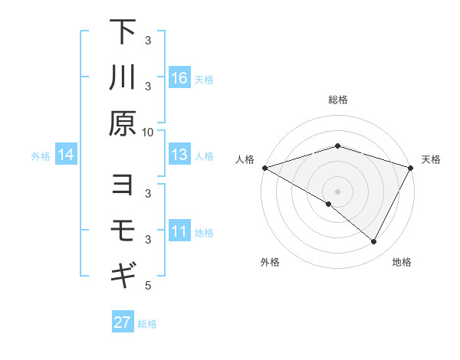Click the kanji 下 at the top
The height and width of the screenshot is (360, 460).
[123, 33]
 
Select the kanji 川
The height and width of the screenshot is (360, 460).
[123, 78]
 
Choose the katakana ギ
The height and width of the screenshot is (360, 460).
[123, 274]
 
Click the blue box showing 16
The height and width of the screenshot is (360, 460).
[179, 78]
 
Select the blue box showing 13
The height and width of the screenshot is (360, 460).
[179, 155]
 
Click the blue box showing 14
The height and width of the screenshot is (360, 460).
[66, 155]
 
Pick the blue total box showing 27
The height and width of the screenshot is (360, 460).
[123, 322]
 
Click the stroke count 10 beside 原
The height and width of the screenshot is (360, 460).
[148, 132]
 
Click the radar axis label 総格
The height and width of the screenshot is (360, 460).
[337, 100]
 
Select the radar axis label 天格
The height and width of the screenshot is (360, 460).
[431, 159]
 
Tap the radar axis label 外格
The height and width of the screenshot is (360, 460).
[270, 262]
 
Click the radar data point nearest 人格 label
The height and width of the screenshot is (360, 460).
[264, 167]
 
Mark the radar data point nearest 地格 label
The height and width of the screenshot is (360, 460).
[374, 242]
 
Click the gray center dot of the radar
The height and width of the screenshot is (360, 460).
[337, 191]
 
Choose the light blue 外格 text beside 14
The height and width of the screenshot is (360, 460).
[41, 156]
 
